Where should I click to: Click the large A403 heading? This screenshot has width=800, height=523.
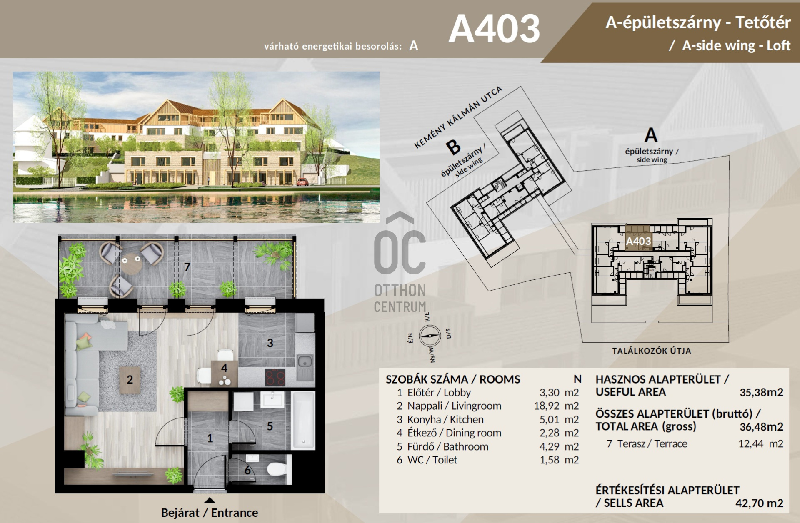point(494,29)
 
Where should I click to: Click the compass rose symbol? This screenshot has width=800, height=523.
point(430,335)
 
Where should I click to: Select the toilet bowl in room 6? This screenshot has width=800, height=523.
point(276,469)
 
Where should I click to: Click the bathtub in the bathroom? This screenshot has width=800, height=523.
point(303,421)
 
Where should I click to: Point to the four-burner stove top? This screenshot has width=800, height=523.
point(275,378)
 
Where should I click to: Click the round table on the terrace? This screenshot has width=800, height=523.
point(131,264)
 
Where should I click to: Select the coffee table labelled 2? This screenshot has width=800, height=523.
point(130,380)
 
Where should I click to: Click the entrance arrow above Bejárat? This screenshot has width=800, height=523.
point(210,500)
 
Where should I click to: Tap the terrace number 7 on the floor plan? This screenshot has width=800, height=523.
point(187,267)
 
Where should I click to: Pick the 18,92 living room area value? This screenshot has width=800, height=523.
point(547,406)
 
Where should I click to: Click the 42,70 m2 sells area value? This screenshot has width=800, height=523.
point(759,503)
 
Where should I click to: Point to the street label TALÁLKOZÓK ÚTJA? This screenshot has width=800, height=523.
point(652,351)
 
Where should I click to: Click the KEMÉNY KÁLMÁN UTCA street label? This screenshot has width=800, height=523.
point(458,117)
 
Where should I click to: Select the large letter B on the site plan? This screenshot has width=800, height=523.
point(453,147)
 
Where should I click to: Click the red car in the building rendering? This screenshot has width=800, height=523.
point(303,182)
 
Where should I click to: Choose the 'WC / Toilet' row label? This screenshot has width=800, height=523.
point(432,460)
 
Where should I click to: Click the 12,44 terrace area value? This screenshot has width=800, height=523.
point(751,444)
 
